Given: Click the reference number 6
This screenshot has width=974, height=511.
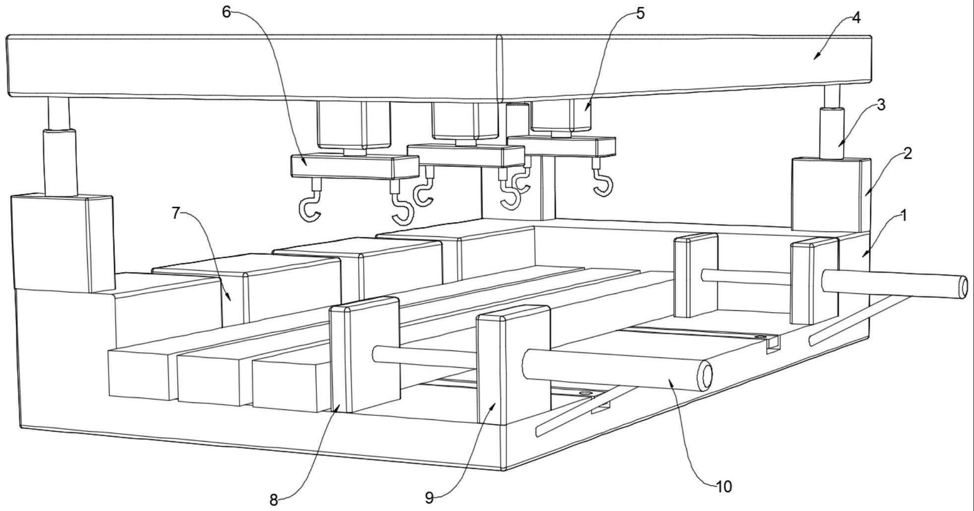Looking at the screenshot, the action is (x=227, y=12).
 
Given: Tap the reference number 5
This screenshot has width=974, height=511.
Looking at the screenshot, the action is (x=641, y=14).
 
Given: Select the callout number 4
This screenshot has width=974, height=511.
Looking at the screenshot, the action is (x=856, y=18).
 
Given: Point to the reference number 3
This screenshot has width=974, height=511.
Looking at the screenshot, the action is (x=881, y=105).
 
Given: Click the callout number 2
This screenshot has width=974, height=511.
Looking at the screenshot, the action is (x=908, y=153).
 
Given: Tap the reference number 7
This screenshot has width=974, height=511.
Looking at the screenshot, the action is (x=176, y=213).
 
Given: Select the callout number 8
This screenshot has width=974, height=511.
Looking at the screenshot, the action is (x=274, y=500).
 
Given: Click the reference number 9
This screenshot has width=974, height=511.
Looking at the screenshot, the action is (x=429, y=498).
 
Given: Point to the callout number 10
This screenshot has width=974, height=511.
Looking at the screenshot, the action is (x=724, y=487).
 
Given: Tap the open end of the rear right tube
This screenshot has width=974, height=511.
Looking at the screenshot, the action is (x=963, y=287).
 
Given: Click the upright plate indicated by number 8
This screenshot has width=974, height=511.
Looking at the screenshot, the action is (x=365, y=354).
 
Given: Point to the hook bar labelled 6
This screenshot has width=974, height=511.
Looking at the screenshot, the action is (x=355, y=167).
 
